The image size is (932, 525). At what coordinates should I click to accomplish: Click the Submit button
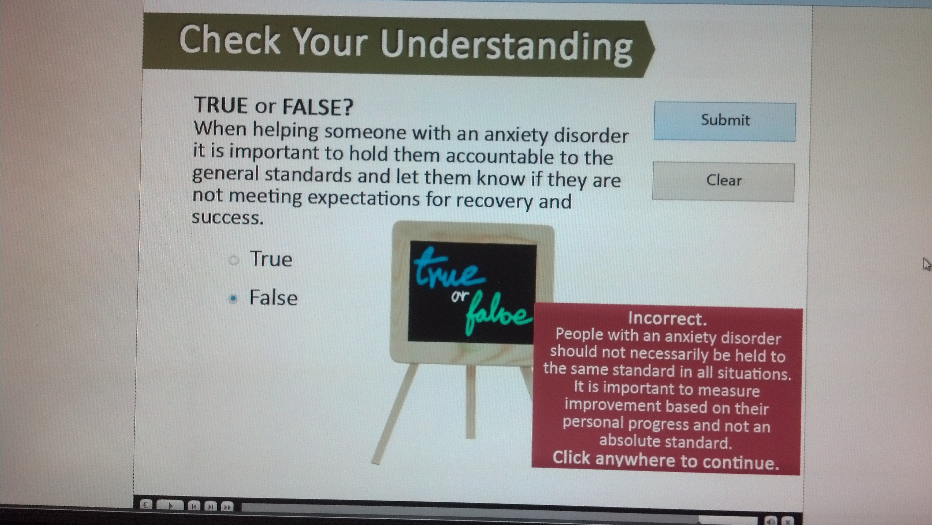point(725,122)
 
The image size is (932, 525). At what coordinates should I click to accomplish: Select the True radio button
point(234,260)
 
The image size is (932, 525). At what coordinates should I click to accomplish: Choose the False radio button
point(233,298)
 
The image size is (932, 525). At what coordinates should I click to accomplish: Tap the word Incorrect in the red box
point(667,318)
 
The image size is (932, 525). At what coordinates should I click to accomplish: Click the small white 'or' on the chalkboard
point(460,297)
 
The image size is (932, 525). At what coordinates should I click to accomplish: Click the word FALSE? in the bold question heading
point(318,107)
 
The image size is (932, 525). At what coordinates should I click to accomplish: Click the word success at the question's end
point(228,217)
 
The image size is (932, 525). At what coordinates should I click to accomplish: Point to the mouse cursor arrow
point(927,264)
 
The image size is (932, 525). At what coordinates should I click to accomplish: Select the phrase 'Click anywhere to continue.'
point(666,460)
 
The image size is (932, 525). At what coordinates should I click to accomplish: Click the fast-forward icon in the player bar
point(227,506)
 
